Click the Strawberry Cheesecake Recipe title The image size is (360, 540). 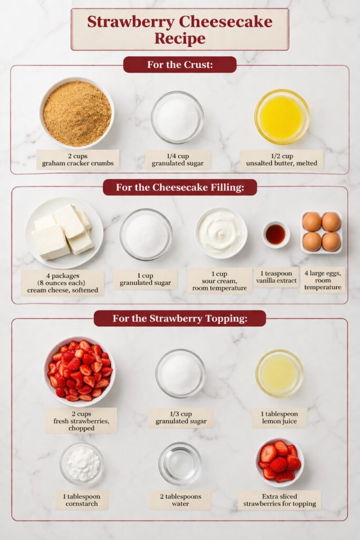pos(180,30)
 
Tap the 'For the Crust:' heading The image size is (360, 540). pos(180,65)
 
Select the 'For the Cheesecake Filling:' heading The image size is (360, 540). pos(180,187)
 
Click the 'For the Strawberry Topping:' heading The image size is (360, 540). pos(180,319)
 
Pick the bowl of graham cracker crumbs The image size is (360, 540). pos(77,113)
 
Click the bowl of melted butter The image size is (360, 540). pos(282,117)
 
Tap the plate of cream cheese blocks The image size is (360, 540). pos(64,233)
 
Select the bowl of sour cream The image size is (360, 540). pos(221,233)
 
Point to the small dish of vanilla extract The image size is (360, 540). pos(276,235)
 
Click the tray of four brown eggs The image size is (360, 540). pos(321,232)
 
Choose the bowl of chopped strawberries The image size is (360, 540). pos(80,371)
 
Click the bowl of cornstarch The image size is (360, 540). pos(82,464)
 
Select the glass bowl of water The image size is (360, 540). pos(180,464)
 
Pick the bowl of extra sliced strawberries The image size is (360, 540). pos(279,462)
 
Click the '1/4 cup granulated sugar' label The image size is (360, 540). pos(178,159)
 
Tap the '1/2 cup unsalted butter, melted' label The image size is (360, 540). pos(281,159)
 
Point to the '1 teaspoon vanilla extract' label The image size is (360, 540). pos(276,277)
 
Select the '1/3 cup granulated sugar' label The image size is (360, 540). pos(181,418)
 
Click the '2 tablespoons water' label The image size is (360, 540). pos(180,500)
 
